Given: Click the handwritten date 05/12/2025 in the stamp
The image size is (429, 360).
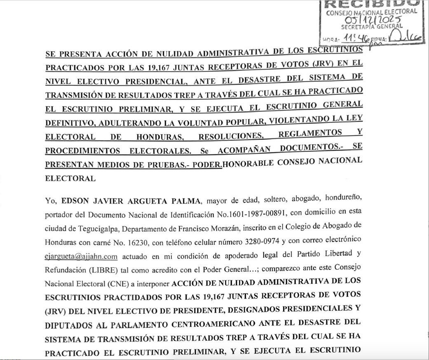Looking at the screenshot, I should (370, 20).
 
